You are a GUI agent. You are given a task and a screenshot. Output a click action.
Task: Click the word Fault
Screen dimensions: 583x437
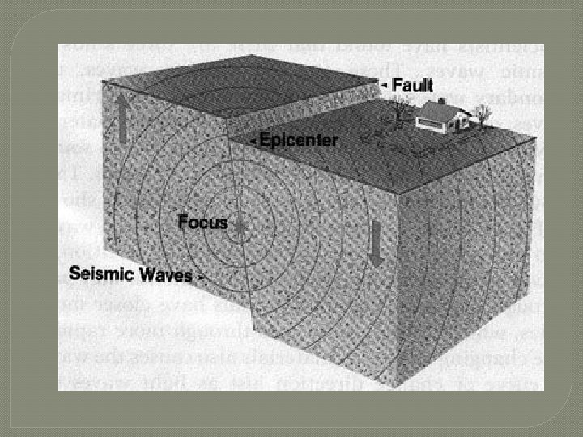(414, 84)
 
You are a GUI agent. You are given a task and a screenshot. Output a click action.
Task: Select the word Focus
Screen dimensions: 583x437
(202, 222)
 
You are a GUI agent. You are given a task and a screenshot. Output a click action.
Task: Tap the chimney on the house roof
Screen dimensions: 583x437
(441, 102)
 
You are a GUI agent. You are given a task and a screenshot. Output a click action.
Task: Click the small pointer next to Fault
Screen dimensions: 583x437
(385, 83)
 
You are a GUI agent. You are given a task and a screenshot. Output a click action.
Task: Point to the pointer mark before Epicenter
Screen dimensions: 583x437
(254, 142)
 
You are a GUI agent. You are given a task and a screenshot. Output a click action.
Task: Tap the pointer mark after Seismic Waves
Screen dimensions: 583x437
(199, 277)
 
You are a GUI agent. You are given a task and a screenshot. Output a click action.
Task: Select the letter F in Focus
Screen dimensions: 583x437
(182, 222)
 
